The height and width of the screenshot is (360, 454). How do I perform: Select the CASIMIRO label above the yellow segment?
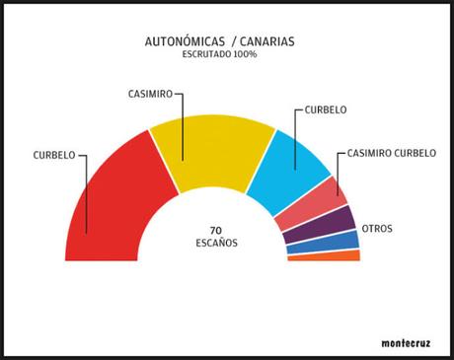point(150,93)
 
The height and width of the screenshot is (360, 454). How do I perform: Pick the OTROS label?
point(377,229)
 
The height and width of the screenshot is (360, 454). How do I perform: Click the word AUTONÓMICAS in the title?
point(181,41)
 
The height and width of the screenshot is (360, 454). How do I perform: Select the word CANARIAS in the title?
point(265,41)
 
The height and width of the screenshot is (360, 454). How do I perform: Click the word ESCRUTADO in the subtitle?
point(201,54)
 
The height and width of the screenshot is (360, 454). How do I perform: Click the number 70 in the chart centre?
point(216,230)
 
